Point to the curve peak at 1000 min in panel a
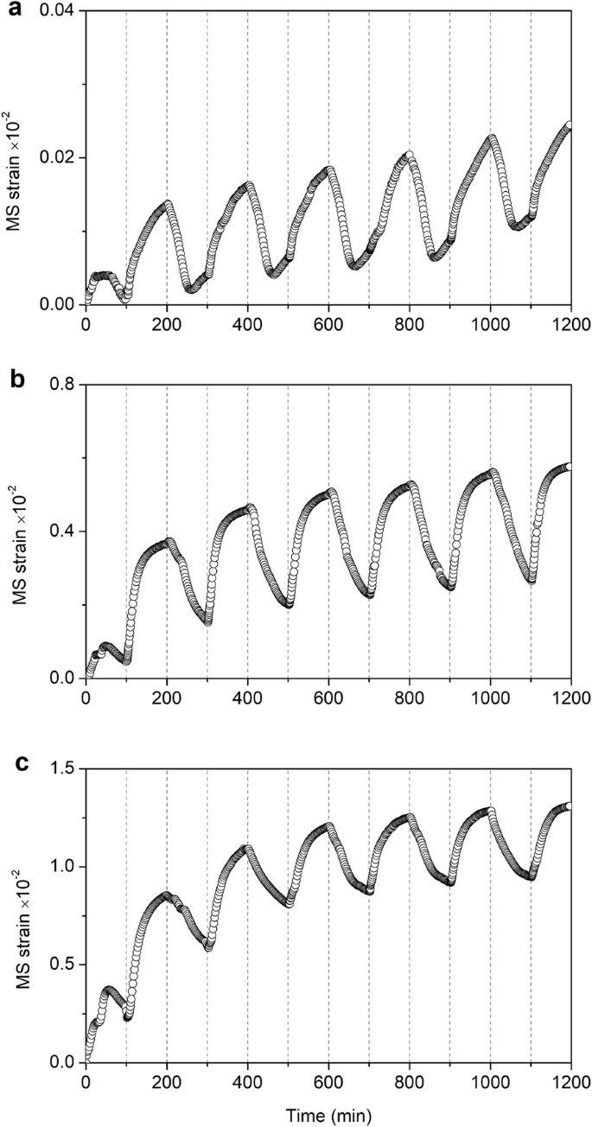pos(492,138)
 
